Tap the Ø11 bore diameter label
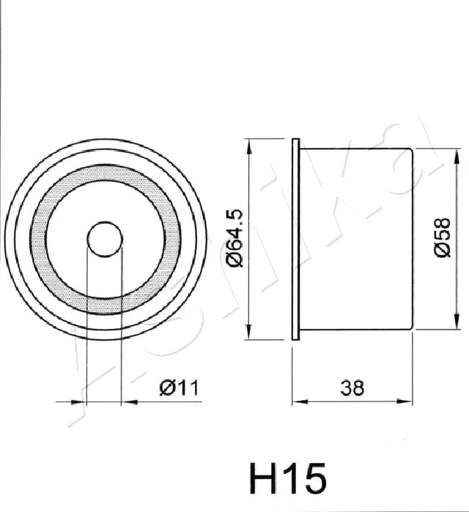pos(179,388)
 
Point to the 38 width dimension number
pos(352,388)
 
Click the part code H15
pos(288,479)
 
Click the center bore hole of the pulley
pos(105,239)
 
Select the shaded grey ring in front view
pos(39,240)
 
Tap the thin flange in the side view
pos(295,240)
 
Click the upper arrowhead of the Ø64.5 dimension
pos(249,146)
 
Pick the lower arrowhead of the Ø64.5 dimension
pos(249,332)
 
